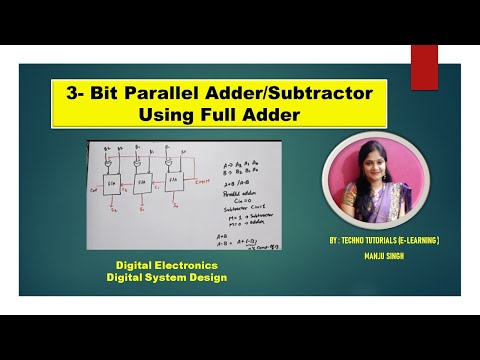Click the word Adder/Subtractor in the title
point(270,92)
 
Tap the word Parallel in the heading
point(158,92)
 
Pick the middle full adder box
point(141,183)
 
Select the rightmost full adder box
point(174,181)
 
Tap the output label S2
point(111,211)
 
